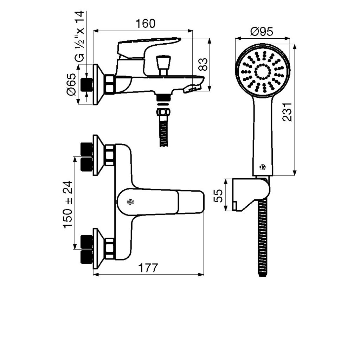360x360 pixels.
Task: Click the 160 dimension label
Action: tap(145, 24)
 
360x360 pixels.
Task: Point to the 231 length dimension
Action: tap(288, 112)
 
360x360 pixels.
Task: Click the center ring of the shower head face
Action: tap(262, 71)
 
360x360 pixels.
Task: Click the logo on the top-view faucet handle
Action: tap(130, 201)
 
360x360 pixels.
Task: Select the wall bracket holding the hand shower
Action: tap(250, 195)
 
